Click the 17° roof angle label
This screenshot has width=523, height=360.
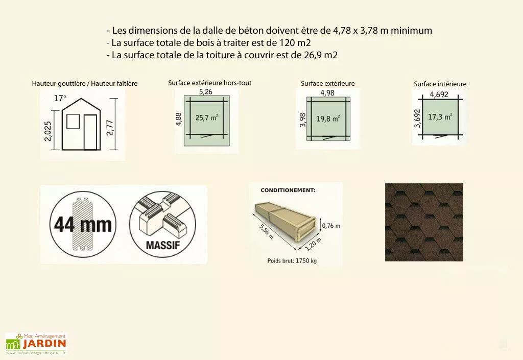pyautogui.click(x=60, y=98)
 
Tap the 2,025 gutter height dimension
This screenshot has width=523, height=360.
pyautogui.click(x=55, y=135)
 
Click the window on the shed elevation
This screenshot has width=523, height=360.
pyautogui.click(x=73, y=121)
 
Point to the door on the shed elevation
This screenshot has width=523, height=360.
pyautogui.click(x=90, y=132)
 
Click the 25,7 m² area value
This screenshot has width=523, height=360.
pyautogui.click(x=207, y=117)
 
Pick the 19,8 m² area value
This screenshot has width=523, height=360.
pyautogui.click(x=328, y=118)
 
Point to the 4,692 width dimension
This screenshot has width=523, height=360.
pyautogui.click(x=440, y=94)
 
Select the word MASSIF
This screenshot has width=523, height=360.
pyautogui.click(x=162, y=245)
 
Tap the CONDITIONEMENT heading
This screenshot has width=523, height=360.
pyautogui.click(x=288, y=190)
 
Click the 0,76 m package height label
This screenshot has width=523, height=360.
pyautogui.click(x=330, y=225)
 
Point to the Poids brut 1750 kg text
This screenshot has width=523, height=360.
pyautogui.click(x=292, y=260)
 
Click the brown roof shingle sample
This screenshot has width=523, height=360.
pyautogui.click(x=424, y=222)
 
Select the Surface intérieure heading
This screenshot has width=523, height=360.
pyautogui.click(x=440, y=84)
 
